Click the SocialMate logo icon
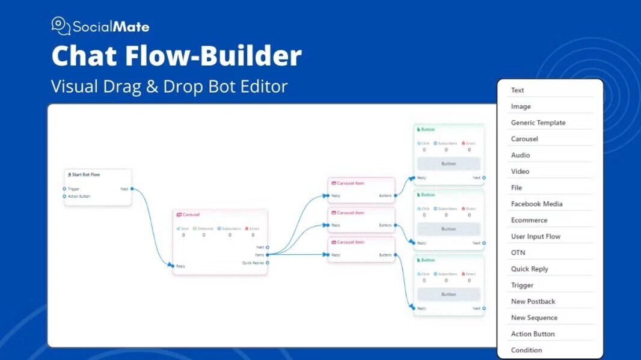pyautogui.click(x=61, y=26)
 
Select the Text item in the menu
pyautogui.click(x=517, y=90)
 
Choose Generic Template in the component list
pyautogui.click(x=538, y=123)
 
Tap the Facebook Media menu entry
pyautogui.click(x=536, y=204)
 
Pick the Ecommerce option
pyautogui.click(x=529, y=220)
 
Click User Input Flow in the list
pyautogui.click(x=535, y=236)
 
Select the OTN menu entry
pyautogui.click(x=518, y=252)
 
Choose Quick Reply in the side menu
pyautogui.click(x=529, y=269)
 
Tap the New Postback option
pyautogui.click(x=533, y=301)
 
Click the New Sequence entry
pyautogui.click(x=534, y=317)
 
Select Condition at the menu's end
pyautogui.click(x=526, y=350)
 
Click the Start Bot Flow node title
pyautogui.click(x=85, y=174)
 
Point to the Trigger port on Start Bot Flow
pyautogui.click(x=65, y=189)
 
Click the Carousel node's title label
pyautogui.click(x=191, y=215)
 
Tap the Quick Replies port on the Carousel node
pyautogui.click(x=268, y=263)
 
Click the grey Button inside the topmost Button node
pyautogui.click(x=449, y=163)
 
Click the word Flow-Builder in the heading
pyautogui.click(x=213, y=56)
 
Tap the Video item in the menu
pyautogui.click(x=520, y=171)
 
